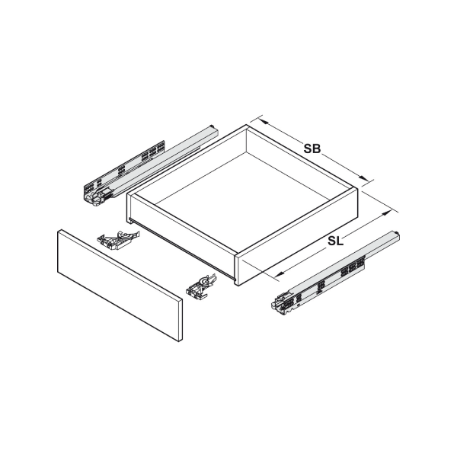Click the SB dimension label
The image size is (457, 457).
click(312, 149)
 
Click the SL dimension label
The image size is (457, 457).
click(335, 241)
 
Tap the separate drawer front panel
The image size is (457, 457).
click(120, 286)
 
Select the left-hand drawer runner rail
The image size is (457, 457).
click(151, 165)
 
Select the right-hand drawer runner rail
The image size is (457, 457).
click(336, 273)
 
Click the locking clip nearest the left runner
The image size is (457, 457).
click(118, 241)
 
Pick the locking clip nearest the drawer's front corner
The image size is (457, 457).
click(201, 286)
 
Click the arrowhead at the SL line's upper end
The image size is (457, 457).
click(386, 213)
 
